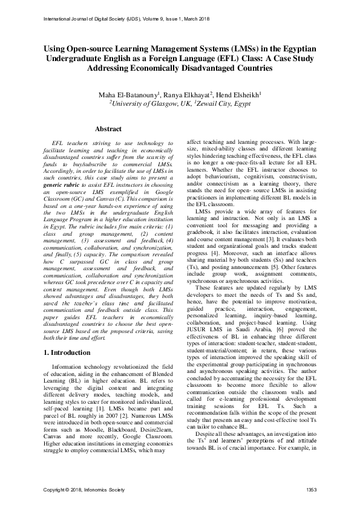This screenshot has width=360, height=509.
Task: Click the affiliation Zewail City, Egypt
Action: pos(226,103)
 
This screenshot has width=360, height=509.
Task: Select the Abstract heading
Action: pos(108,129)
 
